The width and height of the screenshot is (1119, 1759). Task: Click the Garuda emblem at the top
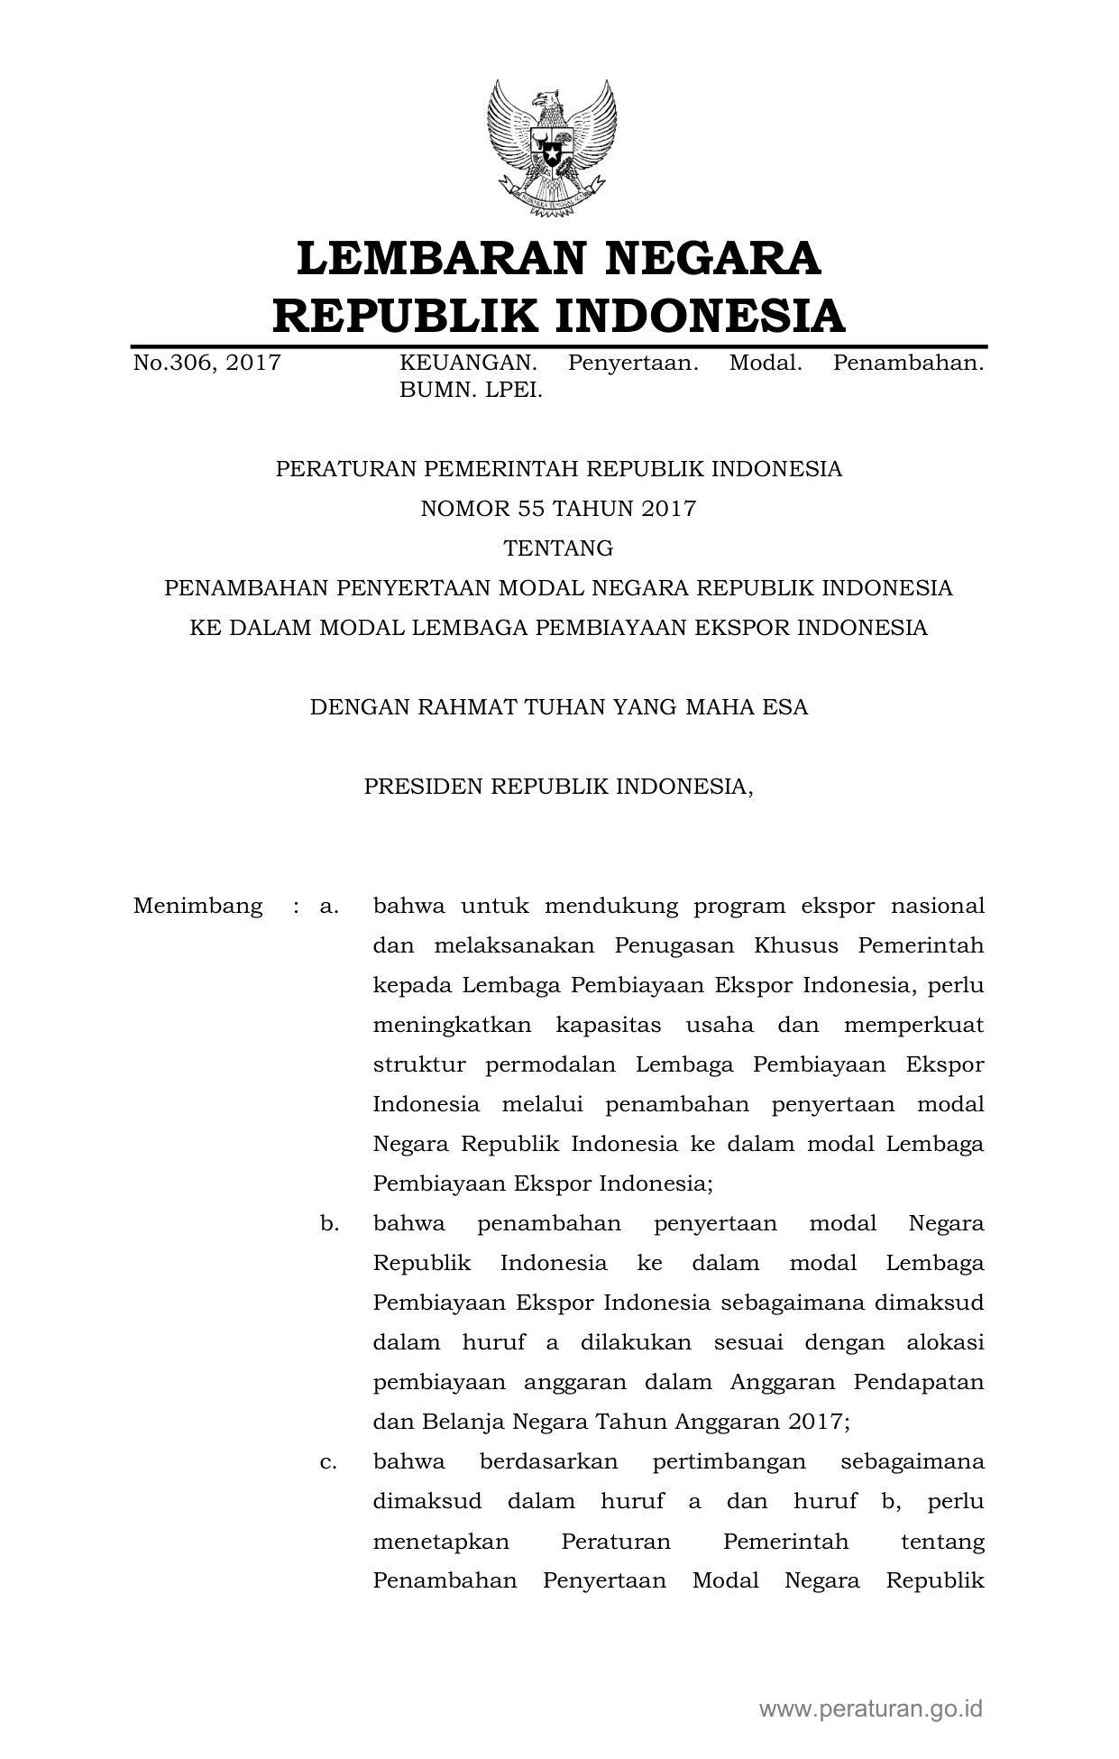[x=552, y=148]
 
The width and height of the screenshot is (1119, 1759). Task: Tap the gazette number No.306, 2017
[x=206, y=364]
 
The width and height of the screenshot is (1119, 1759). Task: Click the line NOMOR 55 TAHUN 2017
[x=558, y=509]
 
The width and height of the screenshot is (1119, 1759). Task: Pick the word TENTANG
[x=558, y=548]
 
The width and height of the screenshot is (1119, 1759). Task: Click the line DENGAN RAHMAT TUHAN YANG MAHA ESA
[x=558, y=707]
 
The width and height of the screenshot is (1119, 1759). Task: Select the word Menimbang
[x=198, y=906]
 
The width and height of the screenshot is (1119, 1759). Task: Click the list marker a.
[x=328, y=906]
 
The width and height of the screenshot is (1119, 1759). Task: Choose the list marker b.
[x=328, y=1224]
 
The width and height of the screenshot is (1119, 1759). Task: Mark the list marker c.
[x=328, y=1462]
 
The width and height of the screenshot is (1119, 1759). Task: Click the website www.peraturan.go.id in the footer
[x=870, y=1708]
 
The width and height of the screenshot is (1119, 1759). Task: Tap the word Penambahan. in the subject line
[x=908, y=364]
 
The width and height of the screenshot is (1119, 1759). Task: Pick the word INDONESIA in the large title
[x=699, y=316]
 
